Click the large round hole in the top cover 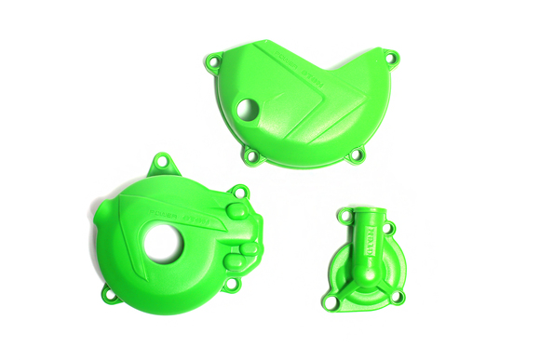[x=246, y=109]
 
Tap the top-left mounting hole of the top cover [x=214, y=64]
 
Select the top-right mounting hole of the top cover [x=391, y=59]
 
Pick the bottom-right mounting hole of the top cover [x=354, y=155]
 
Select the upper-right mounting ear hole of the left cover [x=239, y=193]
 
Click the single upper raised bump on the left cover [x=236, y=212]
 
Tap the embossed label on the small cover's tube [x=377, y=231]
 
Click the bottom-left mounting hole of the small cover [x=330, y=301]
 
